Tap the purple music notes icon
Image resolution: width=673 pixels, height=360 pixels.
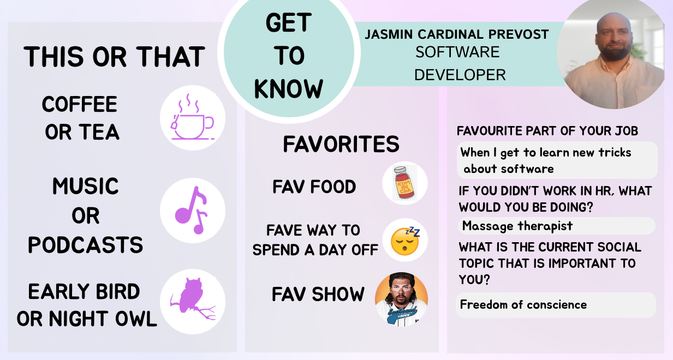click(192, 210)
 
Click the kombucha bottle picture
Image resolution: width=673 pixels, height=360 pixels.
click(404, 183)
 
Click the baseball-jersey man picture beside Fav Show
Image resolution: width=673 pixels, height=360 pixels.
click(401, 299)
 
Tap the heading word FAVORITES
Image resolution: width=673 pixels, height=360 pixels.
click(341, 144)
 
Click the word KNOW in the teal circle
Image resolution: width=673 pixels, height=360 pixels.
click(288, 89)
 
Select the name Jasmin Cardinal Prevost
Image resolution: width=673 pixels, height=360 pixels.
click(457, 34)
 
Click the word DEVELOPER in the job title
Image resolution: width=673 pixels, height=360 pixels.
click(460, 75)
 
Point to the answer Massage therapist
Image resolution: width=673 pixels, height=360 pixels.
click(517, 226)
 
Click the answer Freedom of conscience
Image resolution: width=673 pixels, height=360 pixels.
click(523, 304)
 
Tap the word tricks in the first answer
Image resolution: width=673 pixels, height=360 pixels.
click(615, 153)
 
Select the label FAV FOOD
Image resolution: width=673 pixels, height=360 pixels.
click(314, 187)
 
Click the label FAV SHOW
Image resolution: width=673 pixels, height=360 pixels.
click(318, 294)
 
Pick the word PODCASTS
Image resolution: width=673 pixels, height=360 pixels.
click(85, 245)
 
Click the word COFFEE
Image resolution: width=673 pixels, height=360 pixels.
click(79, 104)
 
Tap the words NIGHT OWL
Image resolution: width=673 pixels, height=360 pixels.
click(103, 319)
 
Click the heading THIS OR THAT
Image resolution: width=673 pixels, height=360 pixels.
click(114, 57)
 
